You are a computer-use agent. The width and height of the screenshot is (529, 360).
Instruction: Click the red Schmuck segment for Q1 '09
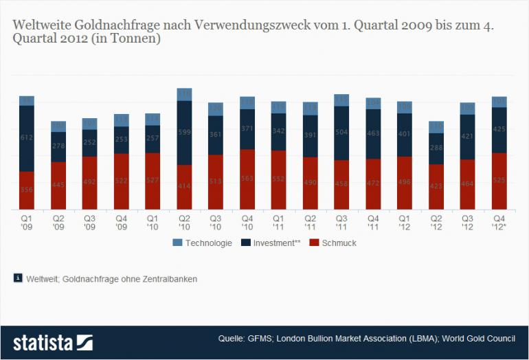[27, 190]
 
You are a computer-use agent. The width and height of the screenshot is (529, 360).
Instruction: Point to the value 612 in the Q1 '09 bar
[27, 138]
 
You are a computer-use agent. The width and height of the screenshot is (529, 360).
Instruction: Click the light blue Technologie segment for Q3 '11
[341, 100]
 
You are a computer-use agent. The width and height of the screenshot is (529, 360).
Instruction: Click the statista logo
[52, 342]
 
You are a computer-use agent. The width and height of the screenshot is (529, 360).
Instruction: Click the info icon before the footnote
[17, 278]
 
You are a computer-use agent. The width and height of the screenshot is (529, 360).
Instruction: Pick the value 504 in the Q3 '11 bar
[341, 133]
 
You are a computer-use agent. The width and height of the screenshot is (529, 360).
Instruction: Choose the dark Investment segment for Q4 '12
[499, 129]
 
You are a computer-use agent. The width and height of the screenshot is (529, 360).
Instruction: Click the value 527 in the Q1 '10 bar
[153, 181]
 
